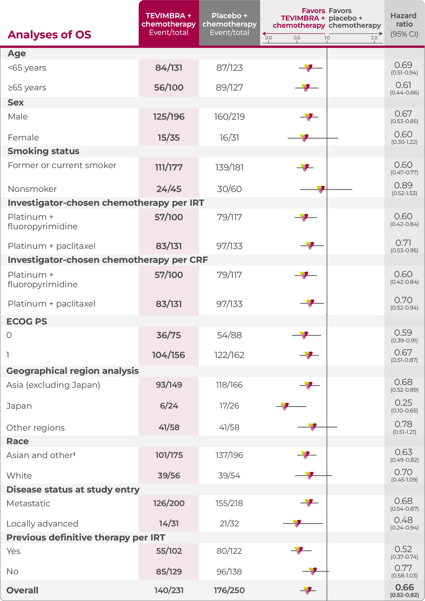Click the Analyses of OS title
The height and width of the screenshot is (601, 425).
[49, 34]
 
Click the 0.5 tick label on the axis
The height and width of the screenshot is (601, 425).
[297, 38]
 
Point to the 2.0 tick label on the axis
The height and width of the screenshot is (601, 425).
[374, 38]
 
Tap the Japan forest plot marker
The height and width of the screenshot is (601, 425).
[285, 406]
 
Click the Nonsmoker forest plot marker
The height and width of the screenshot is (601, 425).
[320, 189]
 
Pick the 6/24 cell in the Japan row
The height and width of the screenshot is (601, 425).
[169, 406]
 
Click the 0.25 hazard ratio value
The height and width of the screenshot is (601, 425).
[404, 403]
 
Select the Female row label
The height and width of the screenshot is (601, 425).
[23, 137]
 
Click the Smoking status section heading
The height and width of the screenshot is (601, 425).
[44, 151]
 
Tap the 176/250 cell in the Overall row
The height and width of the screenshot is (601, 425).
[229, 590]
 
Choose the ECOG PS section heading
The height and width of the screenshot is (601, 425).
[27, 321]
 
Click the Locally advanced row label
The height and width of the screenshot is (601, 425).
[42, 523]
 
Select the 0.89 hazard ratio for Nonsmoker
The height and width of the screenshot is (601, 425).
[403, 185]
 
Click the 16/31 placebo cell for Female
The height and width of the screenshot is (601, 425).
[229, 137]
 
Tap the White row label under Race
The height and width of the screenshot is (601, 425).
[19, 476]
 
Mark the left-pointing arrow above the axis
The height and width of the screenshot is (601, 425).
[264, 34]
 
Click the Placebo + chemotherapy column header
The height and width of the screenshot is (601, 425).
[229, 24]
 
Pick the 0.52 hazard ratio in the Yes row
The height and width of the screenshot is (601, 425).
[403, 549]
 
